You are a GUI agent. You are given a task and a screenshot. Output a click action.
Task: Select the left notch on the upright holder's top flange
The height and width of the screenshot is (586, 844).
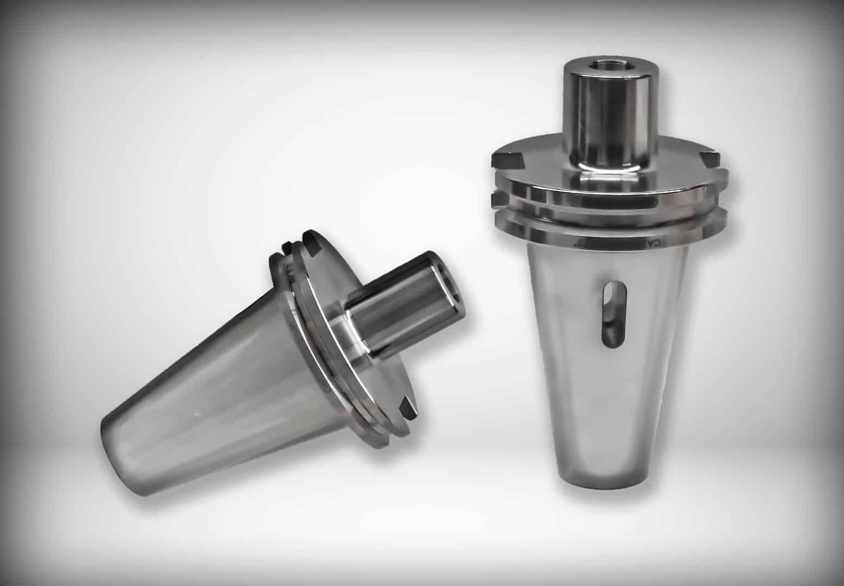506,161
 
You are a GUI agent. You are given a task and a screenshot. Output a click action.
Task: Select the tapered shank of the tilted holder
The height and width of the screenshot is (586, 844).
217,380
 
